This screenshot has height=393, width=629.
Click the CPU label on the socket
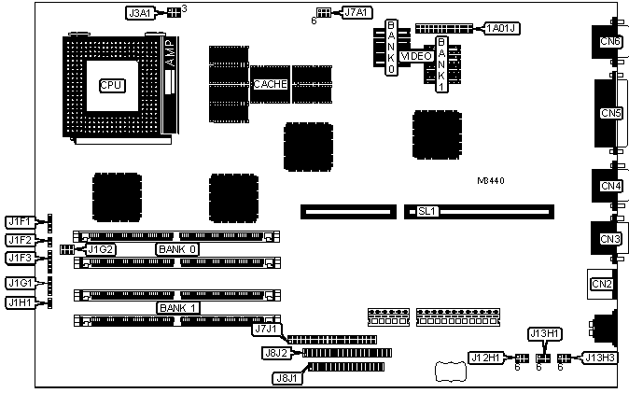(x=111, y=85)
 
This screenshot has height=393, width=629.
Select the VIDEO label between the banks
(x=415, y=56)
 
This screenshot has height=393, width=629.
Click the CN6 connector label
(x=610, y=41)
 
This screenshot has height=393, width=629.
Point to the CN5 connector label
(x=611, y=113)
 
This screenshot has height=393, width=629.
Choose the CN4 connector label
(x=610, y=186)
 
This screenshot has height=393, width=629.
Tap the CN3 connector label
(x=610, y=240)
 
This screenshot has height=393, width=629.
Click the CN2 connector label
(x=601, y=284)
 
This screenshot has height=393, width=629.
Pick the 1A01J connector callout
(x=501, y=28)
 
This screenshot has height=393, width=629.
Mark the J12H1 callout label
(x=486, y=357)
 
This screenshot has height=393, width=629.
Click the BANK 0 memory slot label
(x=177, y=249)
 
